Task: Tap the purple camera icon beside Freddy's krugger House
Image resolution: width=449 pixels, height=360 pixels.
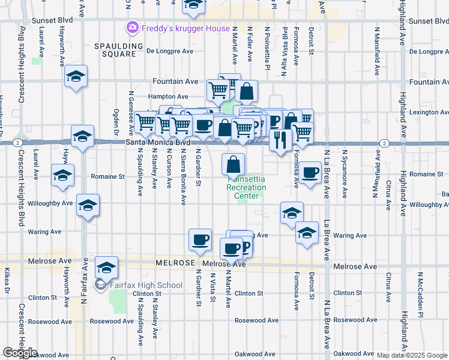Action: (131, 28)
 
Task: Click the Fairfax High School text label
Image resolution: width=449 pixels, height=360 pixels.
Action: (146, 285)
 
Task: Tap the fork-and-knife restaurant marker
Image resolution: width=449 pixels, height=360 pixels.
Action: (280, 140)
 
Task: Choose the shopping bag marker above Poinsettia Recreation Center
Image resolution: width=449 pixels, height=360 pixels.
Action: (234, 164)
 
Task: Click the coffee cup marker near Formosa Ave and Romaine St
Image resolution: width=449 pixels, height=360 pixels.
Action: (310, 173)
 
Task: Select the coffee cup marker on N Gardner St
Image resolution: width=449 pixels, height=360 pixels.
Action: (200, 240)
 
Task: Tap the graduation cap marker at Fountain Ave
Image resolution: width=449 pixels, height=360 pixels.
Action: (76, 77)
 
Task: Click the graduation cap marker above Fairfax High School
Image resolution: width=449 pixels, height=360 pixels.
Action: (106, 267)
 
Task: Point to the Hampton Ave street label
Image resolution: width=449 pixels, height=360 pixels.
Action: (169, 97)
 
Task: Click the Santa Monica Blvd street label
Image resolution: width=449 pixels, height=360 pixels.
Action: (158, 143)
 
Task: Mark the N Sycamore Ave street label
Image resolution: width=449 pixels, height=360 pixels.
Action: (345, 179)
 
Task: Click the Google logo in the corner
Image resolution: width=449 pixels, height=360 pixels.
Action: (20, 353)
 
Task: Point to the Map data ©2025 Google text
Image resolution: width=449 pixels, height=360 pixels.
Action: (412, 355)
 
